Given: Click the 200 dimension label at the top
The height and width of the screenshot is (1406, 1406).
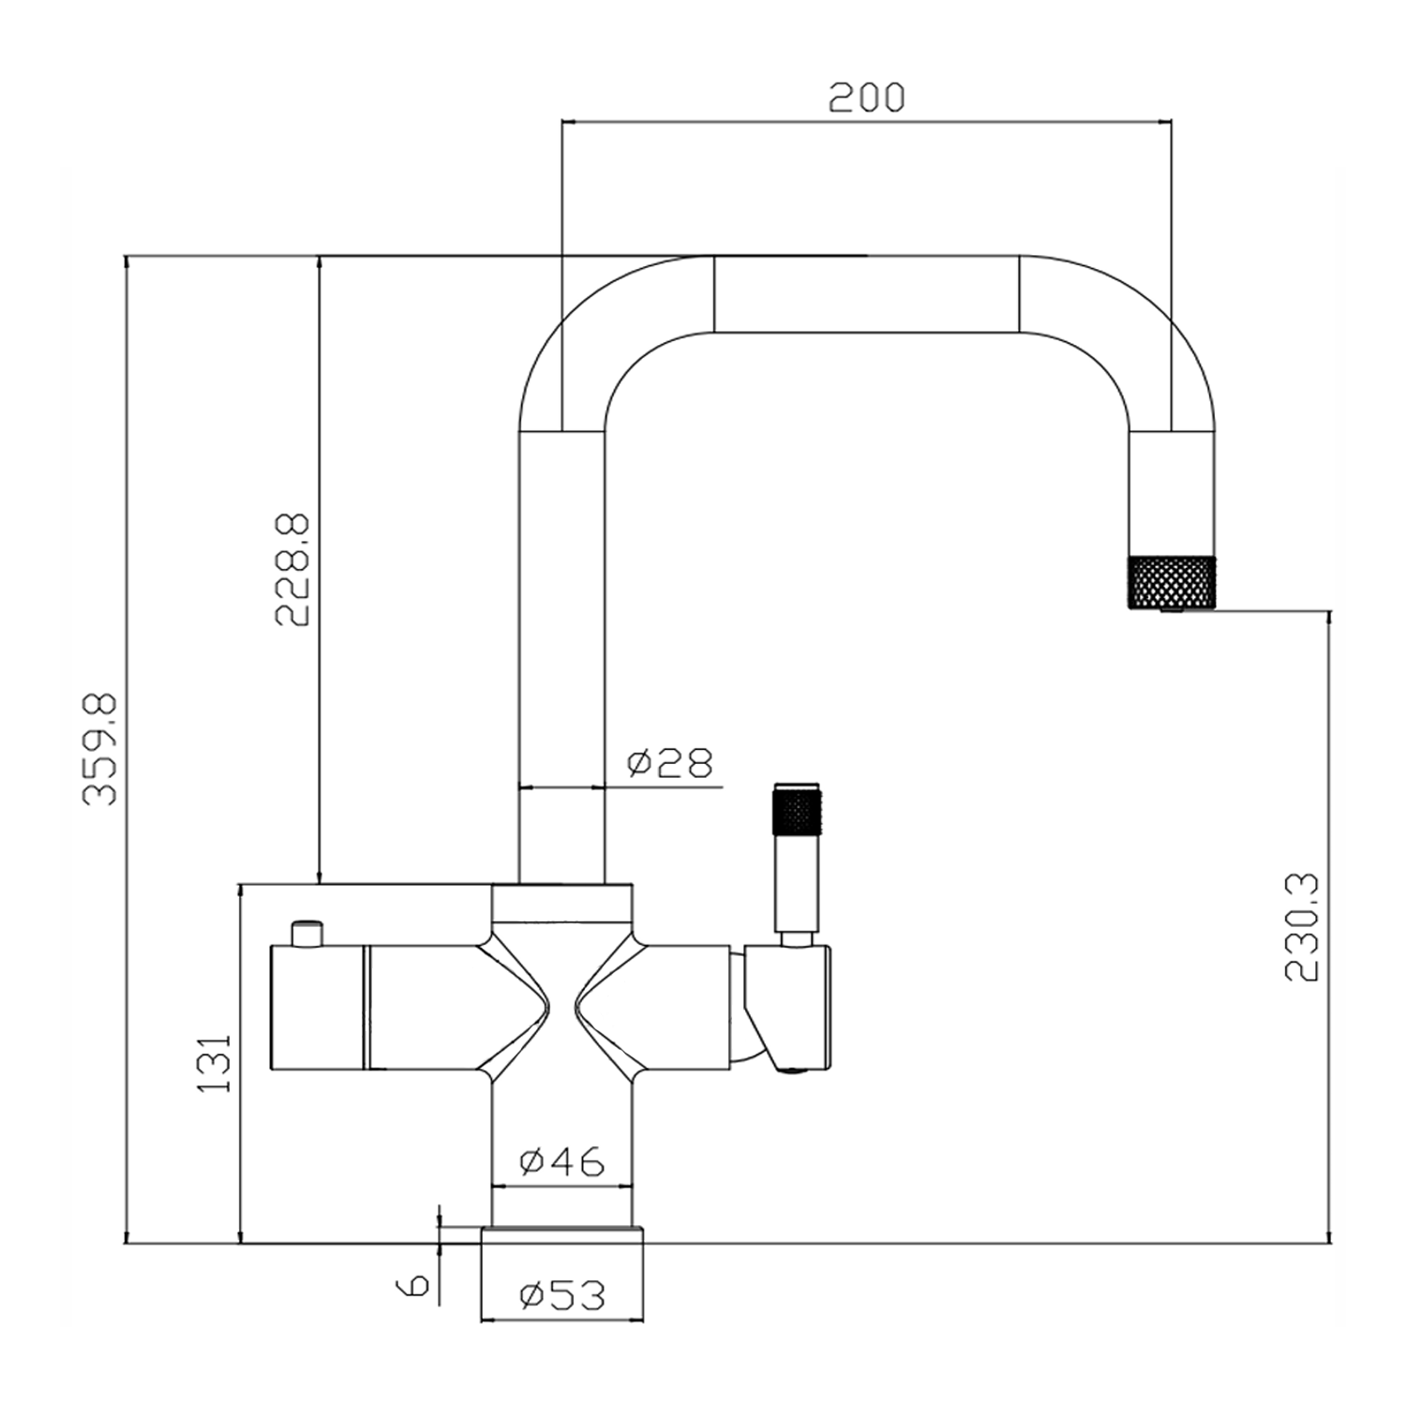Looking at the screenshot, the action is click(867, 97).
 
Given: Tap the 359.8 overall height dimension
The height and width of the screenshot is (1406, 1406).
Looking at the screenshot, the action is click(99, 749).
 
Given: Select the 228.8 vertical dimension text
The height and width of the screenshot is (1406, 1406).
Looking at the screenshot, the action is click(292, 570).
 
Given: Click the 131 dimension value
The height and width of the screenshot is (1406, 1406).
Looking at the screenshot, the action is click(215, 1063).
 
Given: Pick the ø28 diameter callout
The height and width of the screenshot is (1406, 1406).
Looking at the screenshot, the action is click(670, 763).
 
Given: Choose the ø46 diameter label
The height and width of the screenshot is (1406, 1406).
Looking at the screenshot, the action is click(562, 1162).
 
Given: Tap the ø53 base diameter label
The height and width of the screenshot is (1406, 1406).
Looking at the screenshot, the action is click(562, 1296).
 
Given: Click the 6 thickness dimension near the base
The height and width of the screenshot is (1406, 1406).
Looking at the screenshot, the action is click(415, 1284).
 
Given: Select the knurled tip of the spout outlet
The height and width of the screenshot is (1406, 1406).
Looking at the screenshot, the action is click(1172, 582).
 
